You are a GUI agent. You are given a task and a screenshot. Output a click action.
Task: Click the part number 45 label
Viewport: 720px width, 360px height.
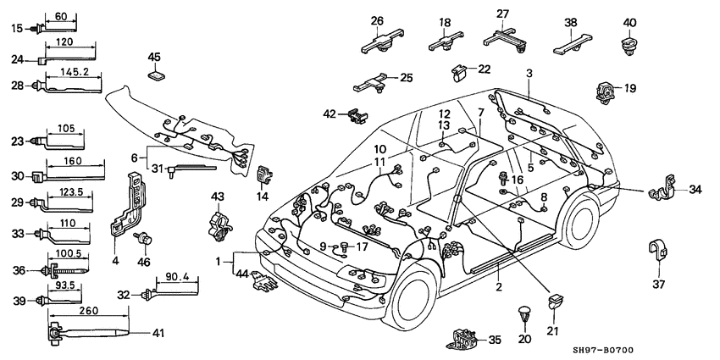(x=154, y=58)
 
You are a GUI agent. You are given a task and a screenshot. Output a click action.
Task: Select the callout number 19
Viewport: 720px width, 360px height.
(x=630, y=87)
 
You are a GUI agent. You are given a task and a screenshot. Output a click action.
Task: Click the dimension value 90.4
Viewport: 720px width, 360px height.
(x=173, y=275)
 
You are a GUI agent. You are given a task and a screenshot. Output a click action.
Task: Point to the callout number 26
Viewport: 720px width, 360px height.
(x=377, y=21)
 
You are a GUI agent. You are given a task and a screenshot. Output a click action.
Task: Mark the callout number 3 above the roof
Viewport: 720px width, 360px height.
(x=529, y=74)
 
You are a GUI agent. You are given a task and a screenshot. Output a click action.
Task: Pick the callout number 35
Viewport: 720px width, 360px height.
(x=496, y=341)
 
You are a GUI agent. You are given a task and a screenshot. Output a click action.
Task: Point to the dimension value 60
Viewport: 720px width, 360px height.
(x=60, y=16)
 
